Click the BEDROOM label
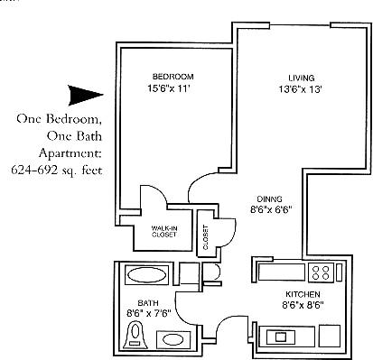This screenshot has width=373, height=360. pyautogui.click(x=173, y=77)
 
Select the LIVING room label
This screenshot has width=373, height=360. pyautogui.click(x=301, y=78)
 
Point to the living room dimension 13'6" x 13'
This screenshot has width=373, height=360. pyautogui.click(x=301, y=89)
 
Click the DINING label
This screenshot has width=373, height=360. pyautogui.click(x=268, y=199)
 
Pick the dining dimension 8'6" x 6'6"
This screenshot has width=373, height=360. pyautogui.click(x=271, y=211)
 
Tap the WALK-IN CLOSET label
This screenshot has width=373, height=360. pyautogui.click(x=163, y=230)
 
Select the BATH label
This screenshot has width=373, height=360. pyautogui.click(x=148, y=303)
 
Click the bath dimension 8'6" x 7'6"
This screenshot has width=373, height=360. pyautogui.click(x=149, y=313)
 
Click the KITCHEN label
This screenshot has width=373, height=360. pyautogui.click(x=299, y=295)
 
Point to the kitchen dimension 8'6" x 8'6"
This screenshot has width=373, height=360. pyautogui.click(x=300, y=306)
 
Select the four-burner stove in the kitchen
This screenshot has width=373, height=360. pyautogui.click(x=321, y=271)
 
